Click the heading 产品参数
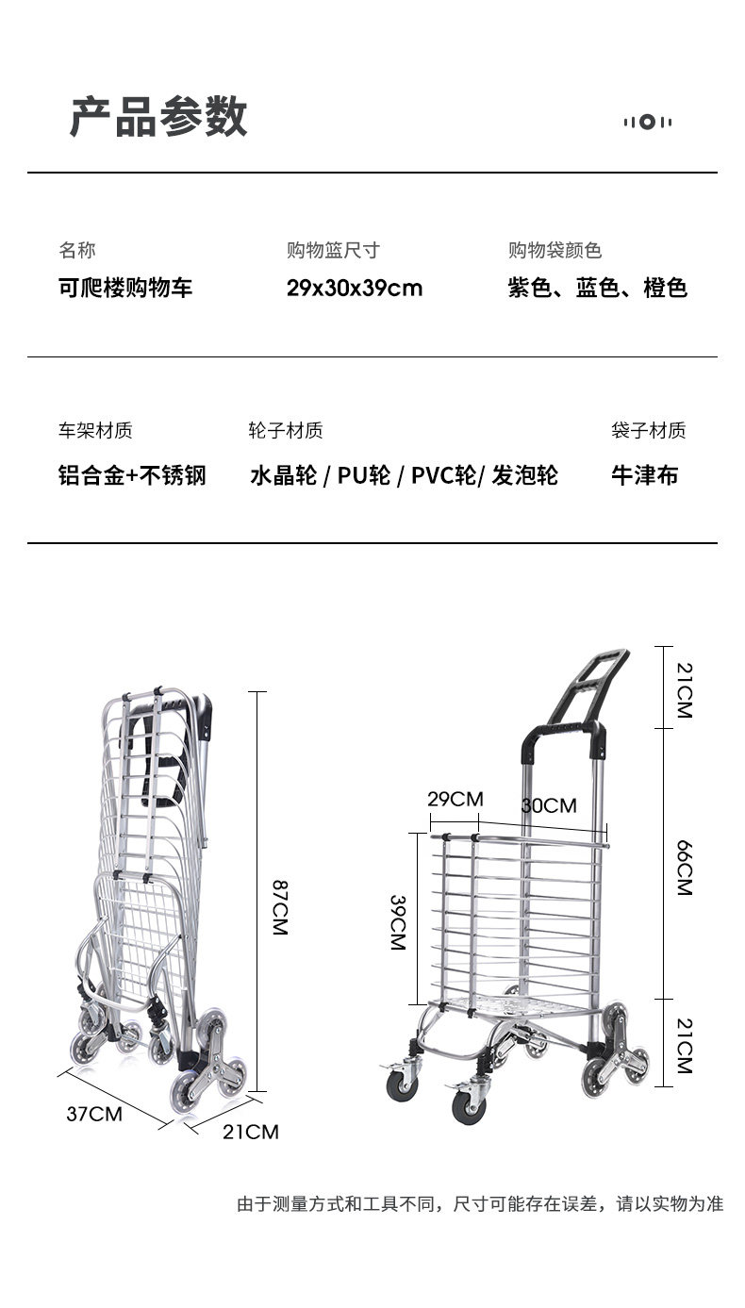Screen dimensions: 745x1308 (158, 118)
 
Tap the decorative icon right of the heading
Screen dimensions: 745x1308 (648, 122)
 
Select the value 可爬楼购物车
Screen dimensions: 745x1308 (125, 289)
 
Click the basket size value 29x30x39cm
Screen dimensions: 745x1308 (355, 289)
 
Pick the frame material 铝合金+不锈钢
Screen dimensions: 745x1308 (132, 475)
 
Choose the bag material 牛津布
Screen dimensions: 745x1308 (644, 475)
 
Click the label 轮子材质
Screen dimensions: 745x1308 (286, 431)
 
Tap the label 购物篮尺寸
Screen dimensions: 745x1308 (333, 251)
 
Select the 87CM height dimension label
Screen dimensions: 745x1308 (280, 907)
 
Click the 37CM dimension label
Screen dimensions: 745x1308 (94, 1114)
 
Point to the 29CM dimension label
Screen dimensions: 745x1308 (455, 800)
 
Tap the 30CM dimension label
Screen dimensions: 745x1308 (549, 805)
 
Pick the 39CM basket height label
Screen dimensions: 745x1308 (397, 922)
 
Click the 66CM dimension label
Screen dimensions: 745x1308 (684, 867)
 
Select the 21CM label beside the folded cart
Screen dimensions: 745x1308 (251, 1132)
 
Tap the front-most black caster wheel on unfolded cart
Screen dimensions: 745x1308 (468, 1106)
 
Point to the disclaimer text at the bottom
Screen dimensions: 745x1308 (480, 1204)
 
